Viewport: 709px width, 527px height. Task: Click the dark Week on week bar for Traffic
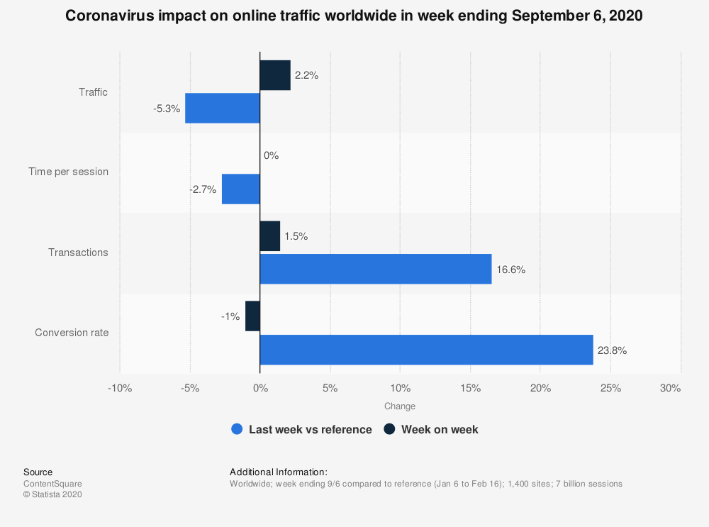click(275, 75)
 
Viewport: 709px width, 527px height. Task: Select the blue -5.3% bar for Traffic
click(223, 108)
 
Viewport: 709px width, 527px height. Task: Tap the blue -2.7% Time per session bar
click(241, 189)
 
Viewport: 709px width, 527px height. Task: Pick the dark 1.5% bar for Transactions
click(270, 236)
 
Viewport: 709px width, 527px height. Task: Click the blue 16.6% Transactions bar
click(376, 269)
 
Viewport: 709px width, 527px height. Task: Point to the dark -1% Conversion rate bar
click(253, 316)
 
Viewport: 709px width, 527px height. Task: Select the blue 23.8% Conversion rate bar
click(426, 350)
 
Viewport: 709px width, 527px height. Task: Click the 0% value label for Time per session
click(271, 155)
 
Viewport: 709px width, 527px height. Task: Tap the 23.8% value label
click(612, 350)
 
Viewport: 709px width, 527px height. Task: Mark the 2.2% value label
click(306, 75)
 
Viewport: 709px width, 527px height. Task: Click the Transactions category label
click(78, 253)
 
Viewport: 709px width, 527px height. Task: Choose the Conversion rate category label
click(72, 333)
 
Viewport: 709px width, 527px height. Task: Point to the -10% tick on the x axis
click(120, 388)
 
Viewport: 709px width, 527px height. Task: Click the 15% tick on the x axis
click(470, 388)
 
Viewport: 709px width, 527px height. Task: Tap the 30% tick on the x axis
click(670, 388)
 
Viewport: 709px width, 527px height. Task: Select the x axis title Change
click(400, 406)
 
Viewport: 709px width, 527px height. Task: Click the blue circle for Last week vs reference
click(238, 429)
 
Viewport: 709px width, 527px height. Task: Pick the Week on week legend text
click(440, 429)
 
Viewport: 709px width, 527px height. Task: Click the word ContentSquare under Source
click(52, 484)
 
